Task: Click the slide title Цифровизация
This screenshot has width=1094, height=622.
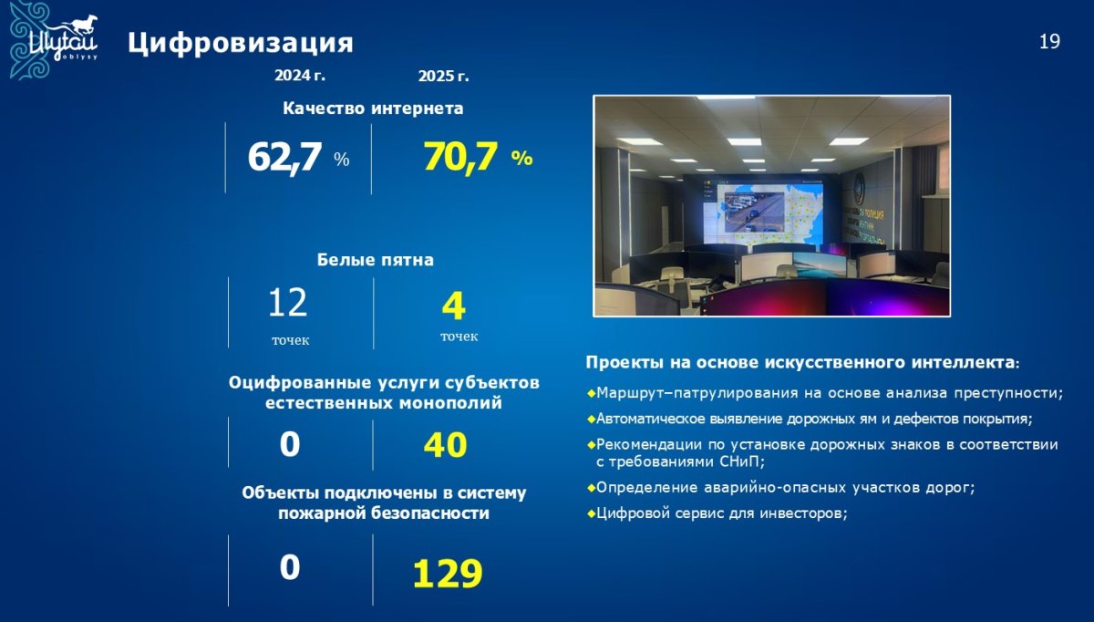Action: click(241, 44)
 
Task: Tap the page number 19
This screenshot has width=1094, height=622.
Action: click(1049, 42)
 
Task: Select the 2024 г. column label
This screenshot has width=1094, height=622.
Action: click(299, 76)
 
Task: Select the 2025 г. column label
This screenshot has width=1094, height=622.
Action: click(443, 77)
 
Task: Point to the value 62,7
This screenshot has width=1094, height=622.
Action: click(284, 158)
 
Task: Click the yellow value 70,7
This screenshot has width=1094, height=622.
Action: click(460, 158)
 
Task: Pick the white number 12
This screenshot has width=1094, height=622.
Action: click(288, 303)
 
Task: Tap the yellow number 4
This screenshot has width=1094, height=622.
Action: click(454, 306)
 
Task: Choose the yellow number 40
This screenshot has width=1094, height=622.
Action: click(446, 445)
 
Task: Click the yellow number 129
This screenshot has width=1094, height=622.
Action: click(448, 573)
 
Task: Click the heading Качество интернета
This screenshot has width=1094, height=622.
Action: click(373, 108)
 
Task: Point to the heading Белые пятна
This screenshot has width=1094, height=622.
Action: click(375, 259)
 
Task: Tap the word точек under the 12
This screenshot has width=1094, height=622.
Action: click(291, 340)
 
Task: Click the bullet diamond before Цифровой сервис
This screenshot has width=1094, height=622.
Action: click(592, 513)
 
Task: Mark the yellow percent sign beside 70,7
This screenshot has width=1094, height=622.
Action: click(521, 158)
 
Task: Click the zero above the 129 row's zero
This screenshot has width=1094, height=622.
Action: click(290, 445)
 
